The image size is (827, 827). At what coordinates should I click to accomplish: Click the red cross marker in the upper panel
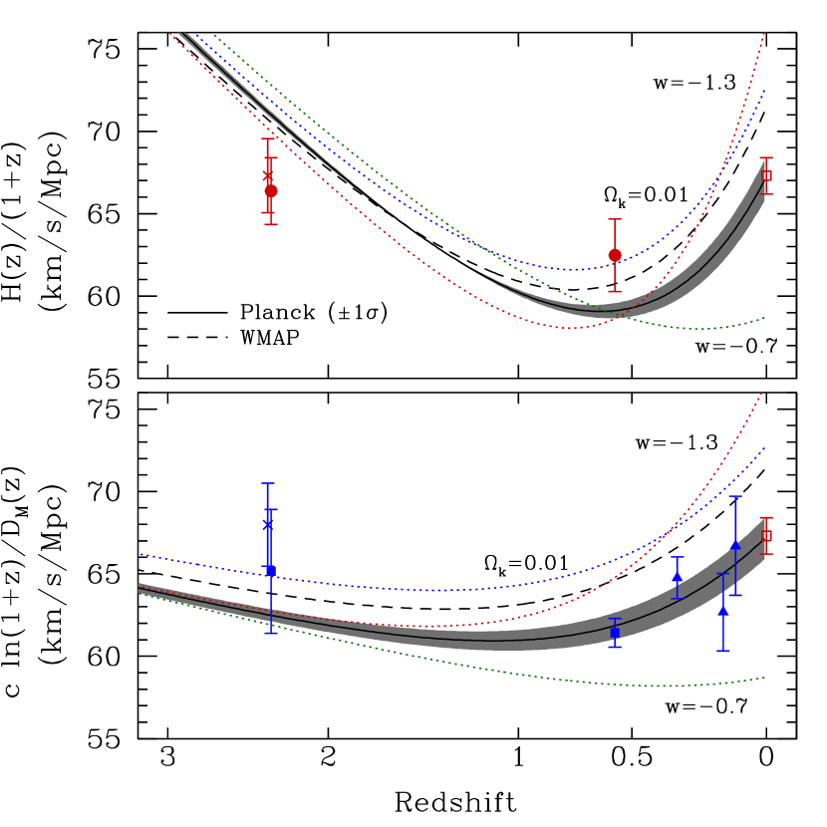point(268,175)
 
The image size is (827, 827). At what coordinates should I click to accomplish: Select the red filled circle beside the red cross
point(271,190)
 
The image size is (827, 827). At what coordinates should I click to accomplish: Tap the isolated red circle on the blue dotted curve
point(615,255)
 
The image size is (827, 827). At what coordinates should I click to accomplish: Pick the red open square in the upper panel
point(766,175)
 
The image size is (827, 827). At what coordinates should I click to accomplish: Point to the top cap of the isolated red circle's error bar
point(615,219)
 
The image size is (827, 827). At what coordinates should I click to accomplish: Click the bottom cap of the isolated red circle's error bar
point(615,291)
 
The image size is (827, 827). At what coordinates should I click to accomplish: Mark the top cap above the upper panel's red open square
point(766,157)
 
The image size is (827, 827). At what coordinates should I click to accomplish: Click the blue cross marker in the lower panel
point(268,524)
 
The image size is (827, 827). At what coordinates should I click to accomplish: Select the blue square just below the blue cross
point(271,571)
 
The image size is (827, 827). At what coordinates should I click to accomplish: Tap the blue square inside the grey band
point(615,633)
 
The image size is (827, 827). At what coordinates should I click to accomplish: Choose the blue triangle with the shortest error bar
point(678,577)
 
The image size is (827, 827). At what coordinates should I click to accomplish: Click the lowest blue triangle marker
point(723,610)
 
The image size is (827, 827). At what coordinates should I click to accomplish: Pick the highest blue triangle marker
point(735,544)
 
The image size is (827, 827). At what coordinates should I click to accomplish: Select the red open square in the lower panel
point(766,535)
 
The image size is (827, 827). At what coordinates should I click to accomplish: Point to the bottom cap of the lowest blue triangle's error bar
point(723,651)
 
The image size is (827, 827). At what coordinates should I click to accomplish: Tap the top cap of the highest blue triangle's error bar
point(735,496)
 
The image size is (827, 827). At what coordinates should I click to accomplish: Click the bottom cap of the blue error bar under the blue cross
point(271,633)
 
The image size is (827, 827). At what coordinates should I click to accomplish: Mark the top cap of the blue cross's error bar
point(268,483)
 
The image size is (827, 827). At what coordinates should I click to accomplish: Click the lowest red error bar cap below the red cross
point(271,224)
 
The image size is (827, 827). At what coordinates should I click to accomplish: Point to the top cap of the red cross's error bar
point(268,138)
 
